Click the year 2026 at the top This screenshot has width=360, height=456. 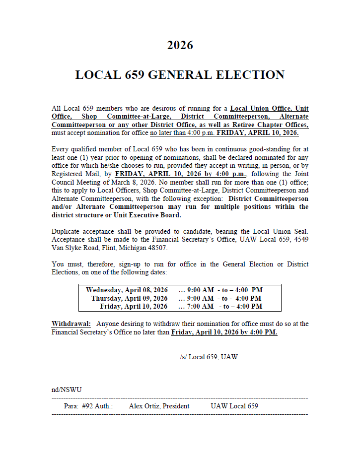click(180, 46)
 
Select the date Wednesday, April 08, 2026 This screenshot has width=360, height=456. click(127, 290)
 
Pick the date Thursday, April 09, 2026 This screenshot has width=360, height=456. click(129, 298)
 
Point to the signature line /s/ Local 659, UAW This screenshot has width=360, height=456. click(209, 357)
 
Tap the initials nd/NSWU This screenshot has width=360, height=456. click(67, 390)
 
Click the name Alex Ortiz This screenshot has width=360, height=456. click(144, 406)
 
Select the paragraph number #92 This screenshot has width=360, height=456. click(88, 406)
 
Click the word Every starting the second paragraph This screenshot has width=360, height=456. click(61, 149)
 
